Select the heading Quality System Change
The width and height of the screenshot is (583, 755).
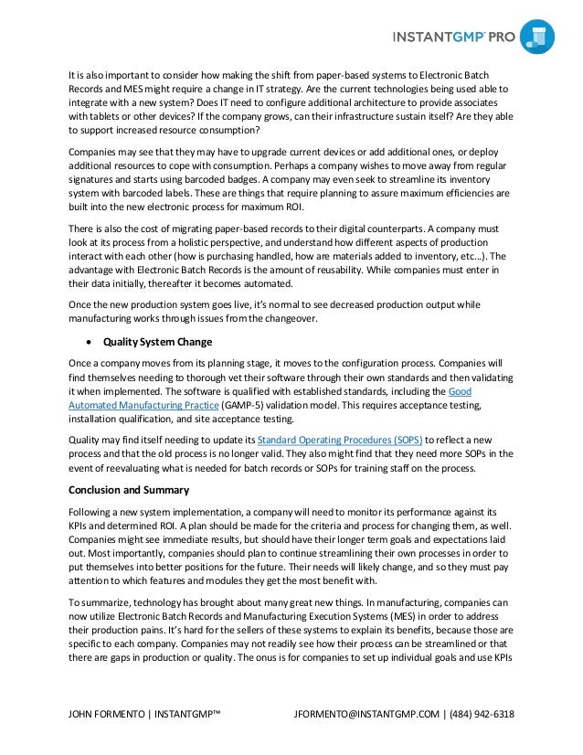coord(157,342)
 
